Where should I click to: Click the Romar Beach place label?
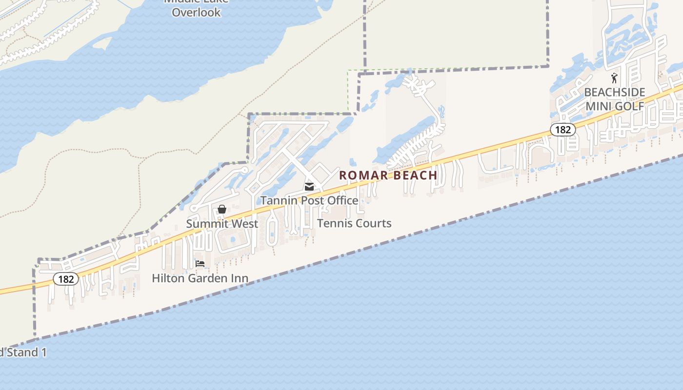(x=388, y=175)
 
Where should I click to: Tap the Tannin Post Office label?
(x=309, y=200)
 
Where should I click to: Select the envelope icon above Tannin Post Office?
(x=309, y=186)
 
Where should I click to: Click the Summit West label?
(x=222, y=224)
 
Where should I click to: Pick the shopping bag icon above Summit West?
(x=222, y=209)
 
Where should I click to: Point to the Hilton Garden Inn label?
(x=200, y=278)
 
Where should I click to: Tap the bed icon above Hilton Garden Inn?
(x=200, y=264)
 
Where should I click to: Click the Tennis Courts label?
(x=354, y=223)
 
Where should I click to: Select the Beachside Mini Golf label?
(x=614, y=99)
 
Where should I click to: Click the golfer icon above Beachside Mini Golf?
(x=614, y=78)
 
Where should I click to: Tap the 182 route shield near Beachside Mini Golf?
(x=563, y=130)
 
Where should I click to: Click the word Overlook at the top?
(x=196, y=12)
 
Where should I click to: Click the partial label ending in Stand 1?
(x=23, y=352)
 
